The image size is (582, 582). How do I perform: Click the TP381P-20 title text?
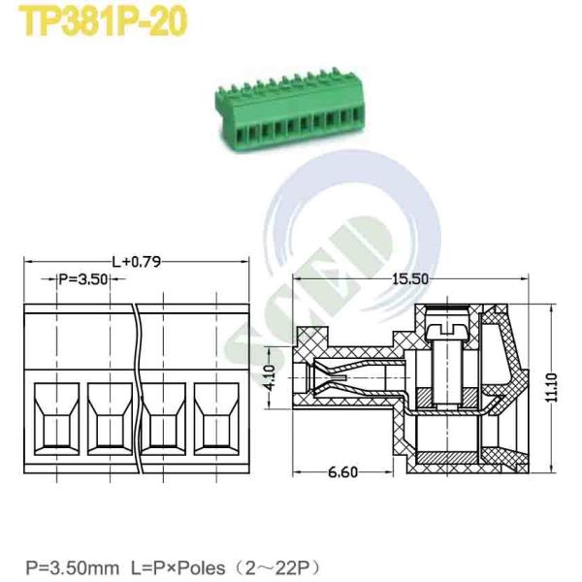pos(103,21)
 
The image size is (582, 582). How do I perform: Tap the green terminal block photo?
pos(289,111)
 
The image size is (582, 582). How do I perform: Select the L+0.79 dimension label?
pos(137,262)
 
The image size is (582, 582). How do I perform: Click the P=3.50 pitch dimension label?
pos(83,279)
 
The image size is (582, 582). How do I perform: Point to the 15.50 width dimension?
pos(410,278)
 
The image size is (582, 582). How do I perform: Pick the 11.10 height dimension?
pos(552,387)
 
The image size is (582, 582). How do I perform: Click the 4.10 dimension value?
pos(272,378)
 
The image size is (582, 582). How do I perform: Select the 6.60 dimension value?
pos(343,472)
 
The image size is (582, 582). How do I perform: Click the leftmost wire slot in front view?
pos(57,419)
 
